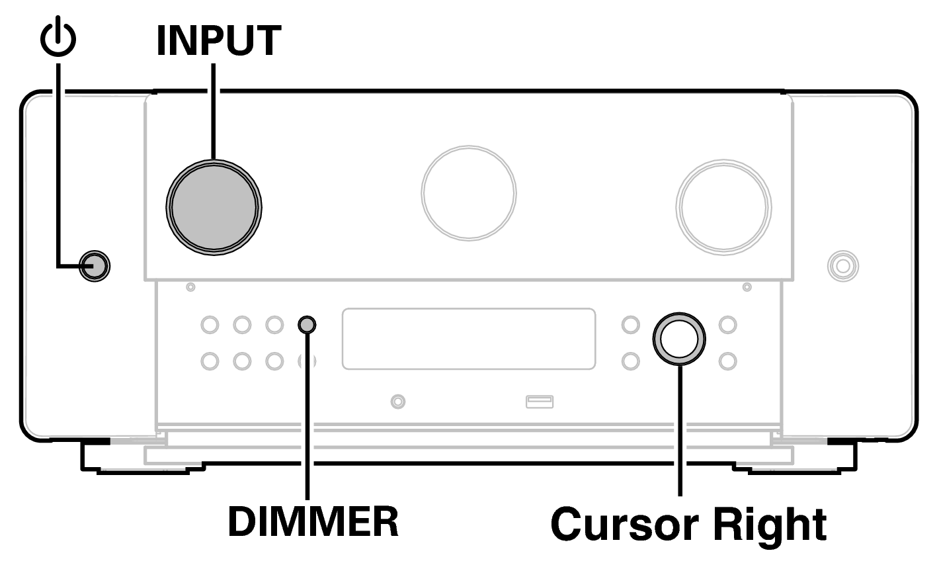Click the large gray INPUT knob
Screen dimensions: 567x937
[214, 205]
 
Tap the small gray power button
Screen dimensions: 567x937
[93, 266]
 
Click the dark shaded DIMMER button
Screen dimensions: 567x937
[307, 325]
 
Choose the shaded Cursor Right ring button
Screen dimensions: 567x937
[679, 338]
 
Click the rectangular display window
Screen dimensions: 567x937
[468, 338]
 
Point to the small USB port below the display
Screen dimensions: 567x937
[540, 401]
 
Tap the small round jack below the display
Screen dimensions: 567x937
[397, 401]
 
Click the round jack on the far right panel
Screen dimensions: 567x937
[842, 266]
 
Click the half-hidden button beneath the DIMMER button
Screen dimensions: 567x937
[307, 361]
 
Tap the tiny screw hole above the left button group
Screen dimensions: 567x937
[190, 287]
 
